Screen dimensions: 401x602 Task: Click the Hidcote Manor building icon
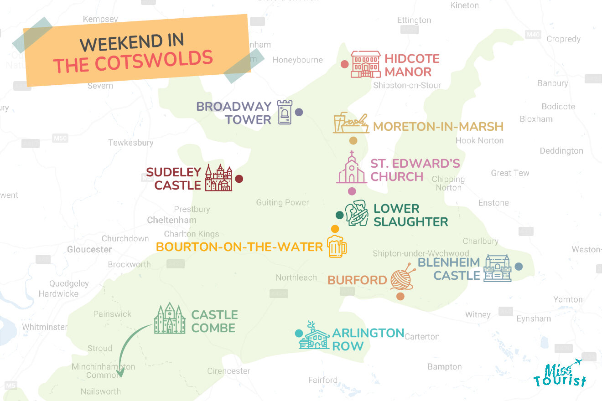365,64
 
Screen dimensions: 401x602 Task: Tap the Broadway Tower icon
285,113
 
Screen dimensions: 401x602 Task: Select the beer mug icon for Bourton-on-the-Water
337,247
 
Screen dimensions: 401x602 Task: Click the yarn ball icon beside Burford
402,278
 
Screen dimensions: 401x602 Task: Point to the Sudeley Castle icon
218,178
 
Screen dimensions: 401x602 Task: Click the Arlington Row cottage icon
314,336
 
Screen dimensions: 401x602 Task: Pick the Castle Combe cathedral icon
170,318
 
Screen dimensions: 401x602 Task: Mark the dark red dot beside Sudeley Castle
239,179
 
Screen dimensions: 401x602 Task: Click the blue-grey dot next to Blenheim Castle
519,267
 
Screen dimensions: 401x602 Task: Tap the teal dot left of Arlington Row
299,334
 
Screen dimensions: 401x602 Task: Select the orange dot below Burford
400,296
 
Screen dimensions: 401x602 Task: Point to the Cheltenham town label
171,220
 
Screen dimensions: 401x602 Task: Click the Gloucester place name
89,249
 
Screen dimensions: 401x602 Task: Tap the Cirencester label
228,371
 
